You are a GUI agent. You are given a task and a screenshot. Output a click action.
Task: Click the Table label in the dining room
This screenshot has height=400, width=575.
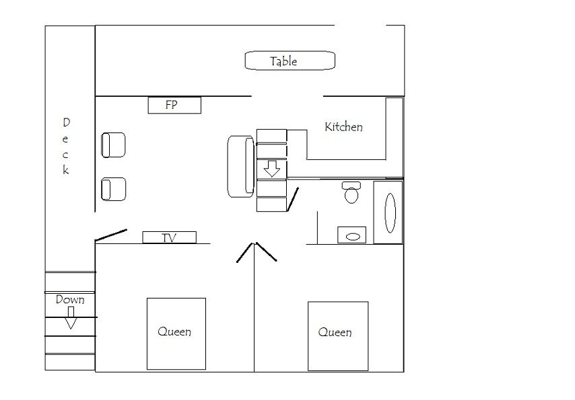click(283, 61)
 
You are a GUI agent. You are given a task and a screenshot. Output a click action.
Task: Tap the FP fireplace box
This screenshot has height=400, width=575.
click(174, 105)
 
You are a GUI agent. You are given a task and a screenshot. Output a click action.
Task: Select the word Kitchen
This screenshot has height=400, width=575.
click(343, 127)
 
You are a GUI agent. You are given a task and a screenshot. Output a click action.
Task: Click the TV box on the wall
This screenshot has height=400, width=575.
click(170, 237)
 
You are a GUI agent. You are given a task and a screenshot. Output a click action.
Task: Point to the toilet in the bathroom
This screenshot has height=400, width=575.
click(351, 192)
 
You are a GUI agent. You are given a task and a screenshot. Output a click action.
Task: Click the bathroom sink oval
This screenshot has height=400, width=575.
click(353, 237)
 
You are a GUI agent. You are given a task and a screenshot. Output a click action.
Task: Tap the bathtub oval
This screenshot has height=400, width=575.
click(391, 213)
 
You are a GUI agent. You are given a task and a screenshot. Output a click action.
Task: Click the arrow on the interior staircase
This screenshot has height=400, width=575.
click(272, 169)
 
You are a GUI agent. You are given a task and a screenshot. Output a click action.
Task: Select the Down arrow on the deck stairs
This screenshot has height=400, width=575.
click(71, 318)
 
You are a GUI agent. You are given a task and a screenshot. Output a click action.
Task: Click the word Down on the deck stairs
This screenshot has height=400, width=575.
click(70, 300)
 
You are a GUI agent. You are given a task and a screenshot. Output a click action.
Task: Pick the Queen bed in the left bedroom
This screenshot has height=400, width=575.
click(176, 333)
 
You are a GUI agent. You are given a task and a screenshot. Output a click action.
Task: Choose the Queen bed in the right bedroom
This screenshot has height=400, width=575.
click(338, 336)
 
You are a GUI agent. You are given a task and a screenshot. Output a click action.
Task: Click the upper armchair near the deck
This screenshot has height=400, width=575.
click(113, 145)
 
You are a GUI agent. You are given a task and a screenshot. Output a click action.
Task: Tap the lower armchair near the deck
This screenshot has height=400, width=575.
click(113, 189)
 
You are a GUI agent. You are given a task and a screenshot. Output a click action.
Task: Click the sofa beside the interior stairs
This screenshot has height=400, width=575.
click(241, 167)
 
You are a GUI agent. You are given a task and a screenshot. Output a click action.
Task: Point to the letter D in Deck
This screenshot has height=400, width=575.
click(67, 122)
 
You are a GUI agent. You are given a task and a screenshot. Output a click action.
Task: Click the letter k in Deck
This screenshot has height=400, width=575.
click(65, 170)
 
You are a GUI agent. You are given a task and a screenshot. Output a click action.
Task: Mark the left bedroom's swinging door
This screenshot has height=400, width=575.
click(245, 252)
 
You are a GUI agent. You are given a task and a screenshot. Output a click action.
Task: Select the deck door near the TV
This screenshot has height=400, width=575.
click(110, 235)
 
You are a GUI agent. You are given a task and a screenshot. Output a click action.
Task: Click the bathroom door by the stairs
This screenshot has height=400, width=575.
click(293, 200)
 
